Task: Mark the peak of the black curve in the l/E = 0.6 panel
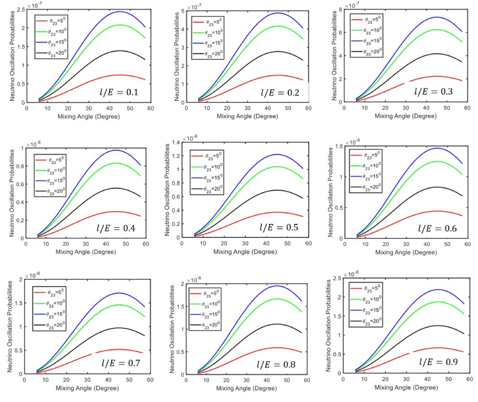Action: [x=436, y=187]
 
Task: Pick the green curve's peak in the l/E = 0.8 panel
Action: [x=277, y=299]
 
